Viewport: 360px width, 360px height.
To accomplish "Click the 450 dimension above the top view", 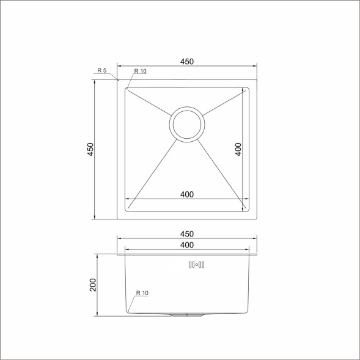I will [186, 61].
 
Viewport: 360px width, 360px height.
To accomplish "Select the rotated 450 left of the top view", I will [90, 149].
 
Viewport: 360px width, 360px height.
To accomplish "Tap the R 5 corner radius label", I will [101, 71].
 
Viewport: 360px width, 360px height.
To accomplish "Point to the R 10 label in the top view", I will [140, 72].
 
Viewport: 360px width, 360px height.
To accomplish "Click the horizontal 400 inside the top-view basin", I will [187, 194].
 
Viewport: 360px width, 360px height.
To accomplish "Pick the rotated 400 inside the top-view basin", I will [238, 149].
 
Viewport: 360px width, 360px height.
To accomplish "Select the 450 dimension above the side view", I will [186, 233].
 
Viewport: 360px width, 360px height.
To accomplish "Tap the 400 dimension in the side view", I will [187, 245].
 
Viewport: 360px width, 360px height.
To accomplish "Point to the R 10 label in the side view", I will [142, 293].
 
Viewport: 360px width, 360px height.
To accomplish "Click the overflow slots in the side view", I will [197, 265].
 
